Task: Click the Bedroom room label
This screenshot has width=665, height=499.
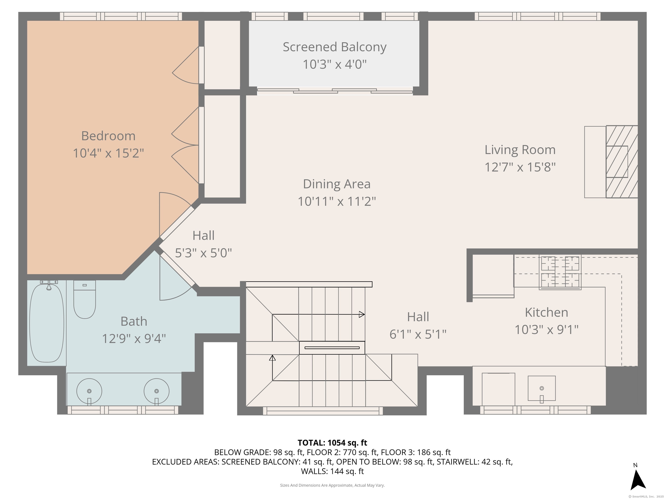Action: tap(108, 136)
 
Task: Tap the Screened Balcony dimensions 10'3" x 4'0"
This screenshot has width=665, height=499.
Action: tap(335, 64)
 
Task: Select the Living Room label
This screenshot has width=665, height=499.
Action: tap(520, 150)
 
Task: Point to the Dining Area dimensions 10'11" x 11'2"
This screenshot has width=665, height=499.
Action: tap(337, 201)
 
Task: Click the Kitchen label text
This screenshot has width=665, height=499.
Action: tap(547, 312)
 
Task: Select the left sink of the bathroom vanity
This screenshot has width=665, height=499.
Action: tap(89, 391)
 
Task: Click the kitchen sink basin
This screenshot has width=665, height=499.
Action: tap(542, 388)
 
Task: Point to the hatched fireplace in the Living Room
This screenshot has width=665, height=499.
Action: tap(622, 162)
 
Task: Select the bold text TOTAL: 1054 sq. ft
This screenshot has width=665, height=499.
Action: tap(332, 443)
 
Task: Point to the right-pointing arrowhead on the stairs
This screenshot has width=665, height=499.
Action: tap(362, 315)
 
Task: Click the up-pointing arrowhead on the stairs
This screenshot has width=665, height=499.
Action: tap(272, 358)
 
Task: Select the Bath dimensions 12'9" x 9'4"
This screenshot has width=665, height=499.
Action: tap(134, 339)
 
